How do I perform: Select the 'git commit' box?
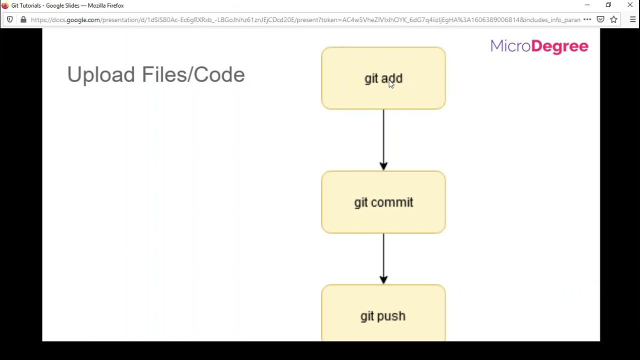383,202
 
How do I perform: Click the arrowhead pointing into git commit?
383,165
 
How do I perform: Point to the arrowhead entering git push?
383,279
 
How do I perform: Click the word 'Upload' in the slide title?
101,75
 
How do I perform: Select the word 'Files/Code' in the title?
193,75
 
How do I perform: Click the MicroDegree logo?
539,46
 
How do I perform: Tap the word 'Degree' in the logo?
559,46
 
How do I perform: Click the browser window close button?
630,5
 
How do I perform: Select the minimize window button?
587,5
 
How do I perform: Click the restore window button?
608,5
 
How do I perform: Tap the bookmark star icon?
613,19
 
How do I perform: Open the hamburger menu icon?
632,19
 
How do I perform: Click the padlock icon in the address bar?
23,19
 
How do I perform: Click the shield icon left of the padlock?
9,19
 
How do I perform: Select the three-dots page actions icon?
587,19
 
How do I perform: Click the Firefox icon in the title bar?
5,5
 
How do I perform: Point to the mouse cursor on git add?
391,84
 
